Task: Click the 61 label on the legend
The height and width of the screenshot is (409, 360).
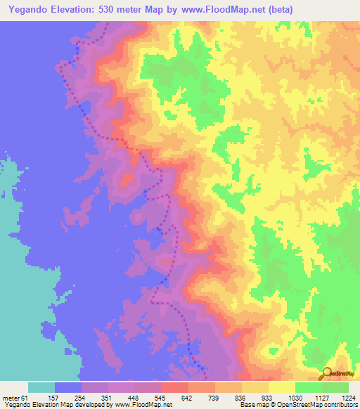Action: [x=25, y=398]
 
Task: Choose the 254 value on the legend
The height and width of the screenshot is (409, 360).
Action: [x=81, y=398]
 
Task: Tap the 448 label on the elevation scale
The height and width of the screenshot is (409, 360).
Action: [x=134, y=398]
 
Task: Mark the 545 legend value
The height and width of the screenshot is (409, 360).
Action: [x=161, y=398]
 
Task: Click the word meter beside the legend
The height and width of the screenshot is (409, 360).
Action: [x=11, y=398]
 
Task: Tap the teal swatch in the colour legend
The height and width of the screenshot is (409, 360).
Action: [x=41, y=387]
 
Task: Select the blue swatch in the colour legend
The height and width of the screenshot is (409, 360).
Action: [x=68, y=387]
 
